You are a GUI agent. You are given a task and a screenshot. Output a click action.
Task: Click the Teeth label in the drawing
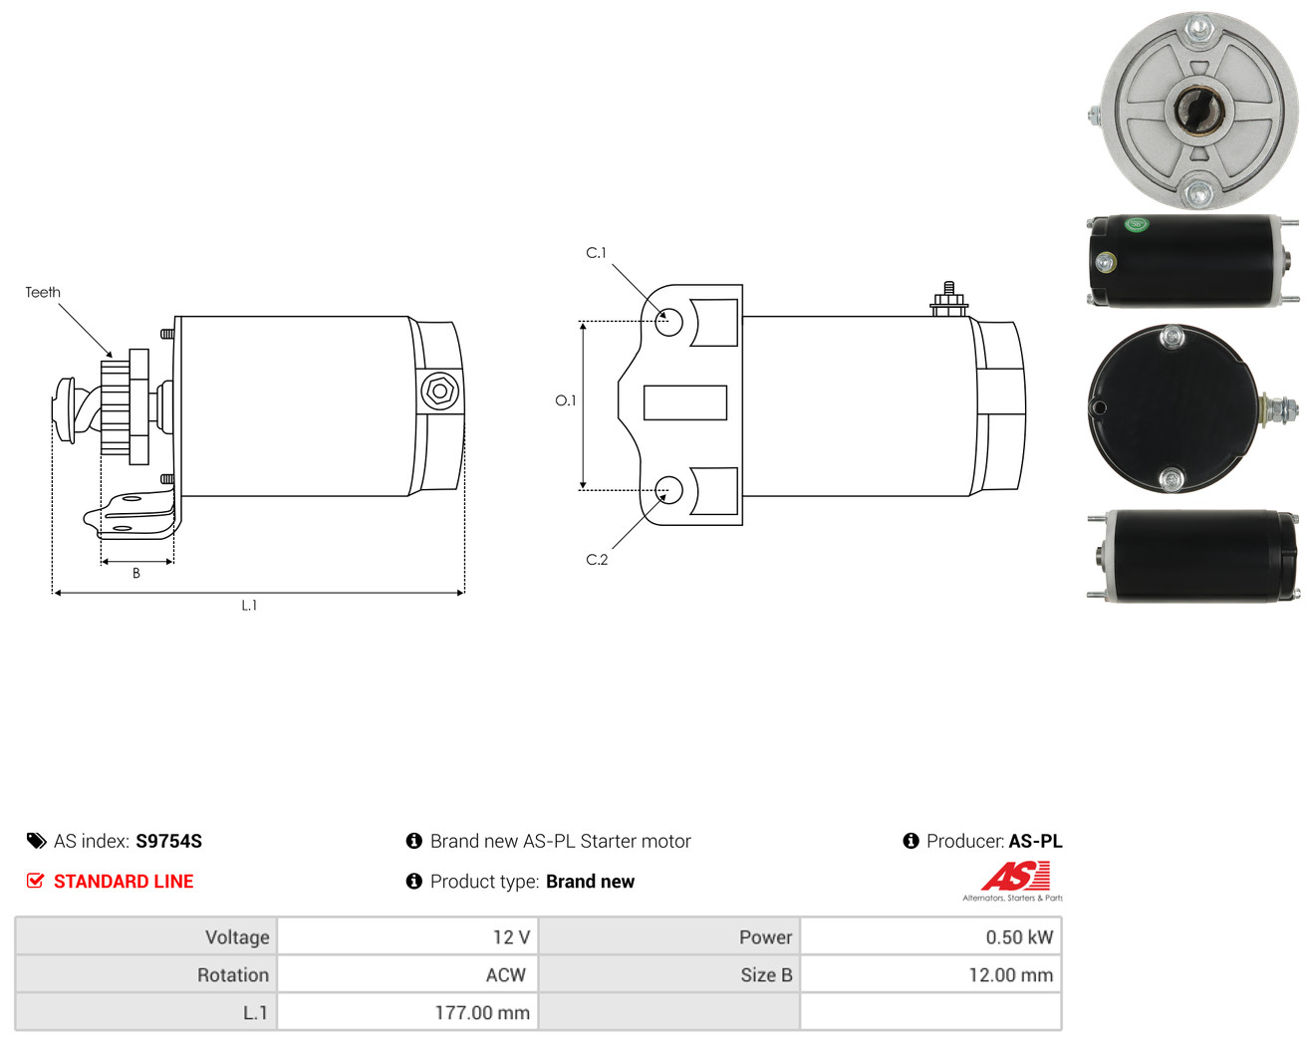(43, 292)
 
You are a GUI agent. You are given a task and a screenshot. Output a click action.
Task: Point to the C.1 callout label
(596, 253)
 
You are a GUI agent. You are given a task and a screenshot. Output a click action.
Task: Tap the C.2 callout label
(597, 559)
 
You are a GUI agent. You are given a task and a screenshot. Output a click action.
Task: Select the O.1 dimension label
(565, 400)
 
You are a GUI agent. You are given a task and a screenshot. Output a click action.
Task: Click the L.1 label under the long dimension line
(249, 605)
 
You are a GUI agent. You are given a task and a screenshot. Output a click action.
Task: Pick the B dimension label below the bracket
(136, 573)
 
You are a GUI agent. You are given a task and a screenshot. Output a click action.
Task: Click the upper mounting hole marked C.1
(668, 322)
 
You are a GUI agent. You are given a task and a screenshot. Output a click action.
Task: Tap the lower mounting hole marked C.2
(668, 490)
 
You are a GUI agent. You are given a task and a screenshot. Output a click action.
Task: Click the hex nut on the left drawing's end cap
(440, 391)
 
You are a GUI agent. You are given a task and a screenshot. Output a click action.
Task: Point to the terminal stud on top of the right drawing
(948, 298)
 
